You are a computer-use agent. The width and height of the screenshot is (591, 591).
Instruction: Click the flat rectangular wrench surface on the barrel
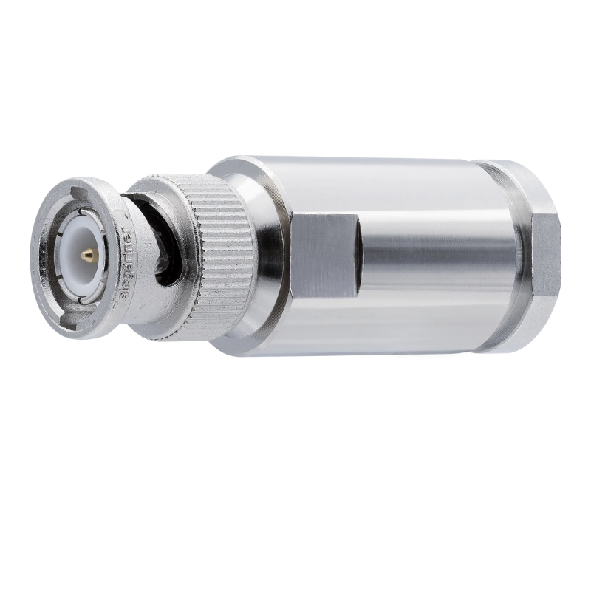[325, 256]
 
